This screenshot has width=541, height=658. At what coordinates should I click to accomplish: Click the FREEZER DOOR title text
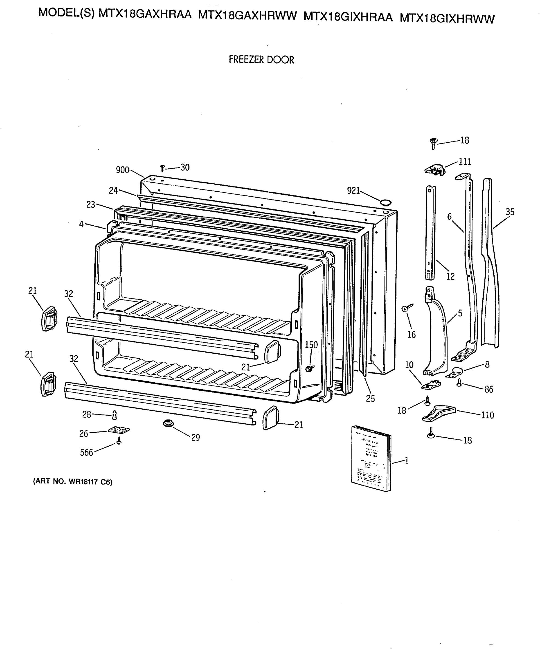click(x=261, y=59)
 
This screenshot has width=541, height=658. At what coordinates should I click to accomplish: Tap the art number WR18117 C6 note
click(x=73, y=482)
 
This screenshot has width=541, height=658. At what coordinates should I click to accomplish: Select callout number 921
click(x=353, y=191)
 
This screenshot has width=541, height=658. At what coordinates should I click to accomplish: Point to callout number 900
click(x=123, y=170)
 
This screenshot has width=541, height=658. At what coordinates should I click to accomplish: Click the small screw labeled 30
click(x=162, y=169)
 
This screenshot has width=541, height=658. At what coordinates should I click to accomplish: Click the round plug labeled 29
click(x=168, y=423)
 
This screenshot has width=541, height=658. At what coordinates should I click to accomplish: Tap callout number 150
click(x=311, y=345)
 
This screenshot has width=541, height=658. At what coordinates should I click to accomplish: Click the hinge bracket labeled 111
click(x=435, y=169)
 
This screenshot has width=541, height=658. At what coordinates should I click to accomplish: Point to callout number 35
click(x=510, y=212)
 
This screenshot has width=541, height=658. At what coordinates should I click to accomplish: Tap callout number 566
click(x=86, y=452)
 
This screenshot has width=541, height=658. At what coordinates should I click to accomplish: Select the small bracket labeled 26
click(x=119, y=430)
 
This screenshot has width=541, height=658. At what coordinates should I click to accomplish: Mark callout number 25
click(x=370, y=398)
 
